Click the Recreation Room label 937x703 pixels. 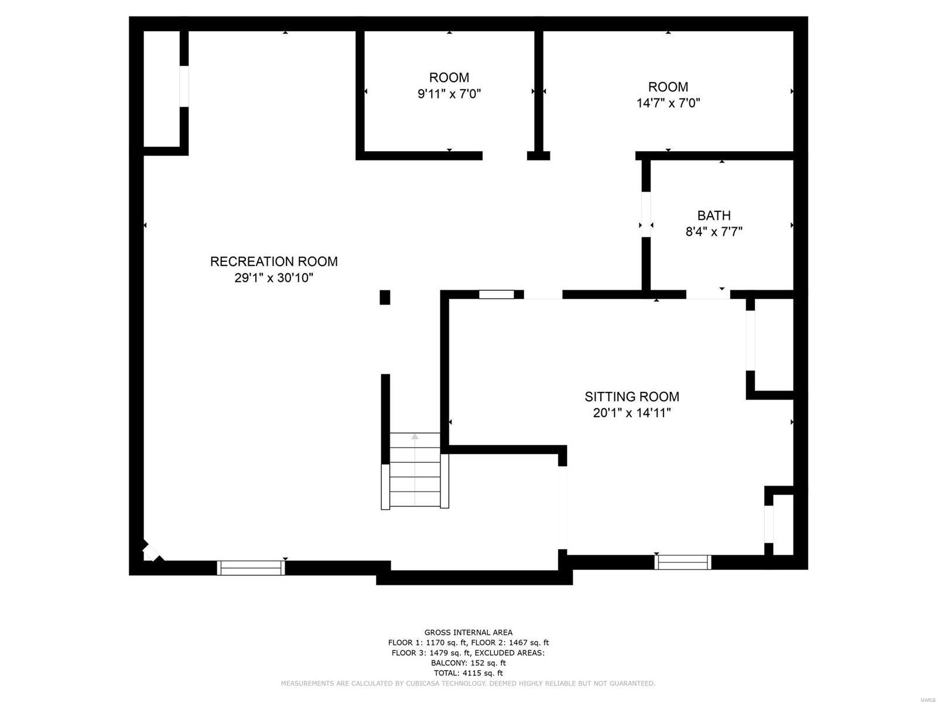273,261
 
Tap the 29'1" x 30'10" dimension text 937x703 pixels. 273,278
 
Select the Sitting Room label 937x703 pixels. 632,397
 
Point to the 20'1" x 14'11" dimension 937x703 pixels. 632,413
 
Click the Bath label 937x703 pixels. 714,216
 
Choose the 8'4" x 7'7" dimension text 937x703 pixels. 714,231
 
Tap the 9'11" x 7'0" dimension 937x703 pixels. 449,94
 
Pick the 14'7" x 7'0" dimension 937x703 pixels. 668,103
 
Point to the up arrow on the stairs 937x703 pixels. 415,436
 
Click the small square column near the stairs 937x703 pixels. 385,297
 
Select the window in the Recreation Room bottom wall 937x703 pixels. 251,568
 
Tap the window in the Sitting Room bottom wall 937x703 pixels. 683,562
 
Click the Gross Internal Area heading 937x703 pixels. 468,632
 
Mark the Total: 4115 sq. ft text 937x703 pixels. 468,673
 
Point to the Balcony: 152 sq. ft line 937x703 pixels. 468,663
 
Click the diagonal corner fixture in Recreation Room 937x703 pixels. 151,552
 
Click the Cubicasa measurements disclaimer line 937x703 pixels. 468,684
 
